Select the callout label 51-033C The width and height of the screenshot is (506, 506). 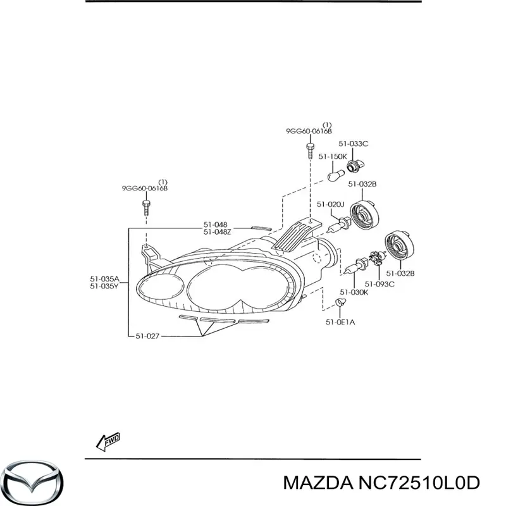click(353, 144)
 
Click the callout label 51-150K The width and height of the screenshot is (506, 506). click(331, 156)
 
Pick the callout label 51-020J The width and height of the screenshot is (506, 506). click(330, 204)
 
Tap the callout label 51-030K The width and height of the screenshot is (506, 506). click(353, 292)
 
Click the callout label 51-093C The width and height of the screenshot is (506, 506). click(379, 284)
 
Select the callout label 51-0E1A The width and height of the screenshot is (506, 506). click(340, 322)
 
